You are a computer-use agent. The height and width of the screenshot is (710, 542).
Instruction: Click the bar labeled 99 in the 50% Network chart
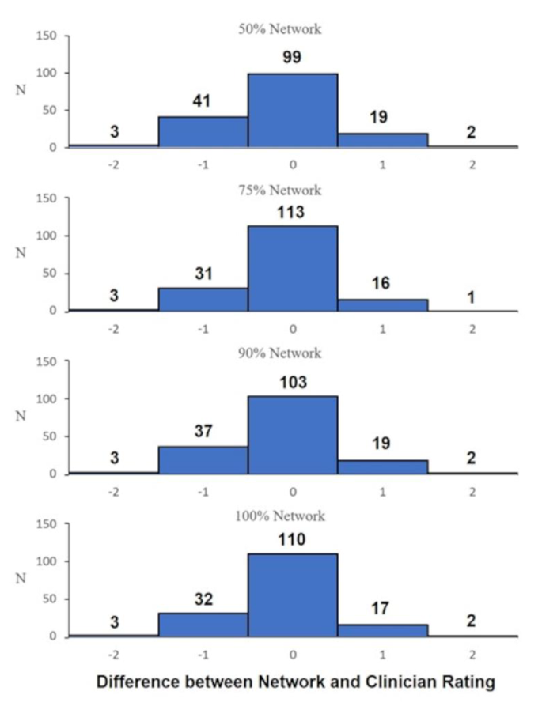click(293, 110)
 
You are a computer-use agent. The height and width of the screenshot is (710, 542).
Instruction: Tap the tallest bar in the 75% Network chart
click(293, 268)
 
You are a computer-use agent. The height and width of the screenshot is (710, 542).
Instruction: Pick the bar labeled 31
click(203, 299)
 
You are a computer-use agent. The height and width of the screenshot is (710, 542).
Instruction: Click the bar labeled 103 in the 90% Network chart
click(293, 435)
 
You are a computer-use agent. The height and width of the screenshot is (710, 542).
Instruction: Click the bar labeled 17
click(382, 629)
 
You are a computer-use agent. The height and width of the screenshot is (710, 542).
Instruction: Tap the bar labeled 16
click(382, 304)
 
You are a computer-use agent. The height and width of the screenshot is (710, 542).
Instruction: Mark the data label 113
click(293, 213)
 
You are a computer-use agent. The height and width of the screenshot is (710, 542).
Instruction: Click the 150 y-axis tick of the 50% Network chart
click(47, 36)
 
